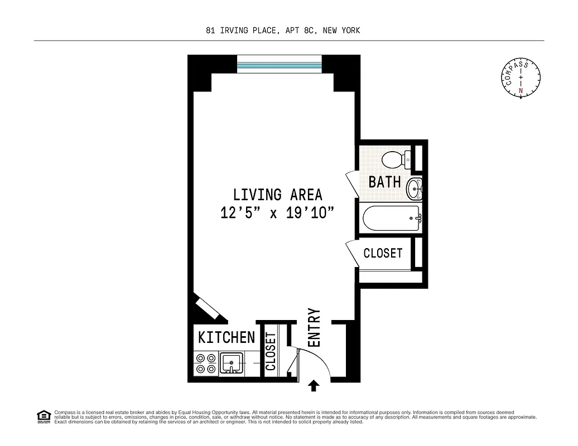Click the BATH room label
coord(385,182)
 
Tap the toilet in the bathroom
coord(396,159)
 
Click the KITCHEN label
coord(227,337)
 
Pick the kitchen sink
coord(231,363)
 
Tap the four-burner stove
coord(205,363)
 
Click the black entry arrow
coord(314,385)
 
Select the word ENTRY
coord(314,328)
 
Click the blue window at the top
coord(280,65)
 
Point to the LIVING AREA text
coord(277,195)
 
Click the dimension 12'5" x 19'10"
coord(277,213)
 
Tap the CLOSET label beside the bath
coord(383,253)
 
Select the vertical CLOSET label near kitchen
coord(271,352)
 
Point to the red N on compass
coord(521,90)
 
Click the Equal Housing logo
coord(43,416)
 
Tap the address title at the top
coord(283,31)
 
